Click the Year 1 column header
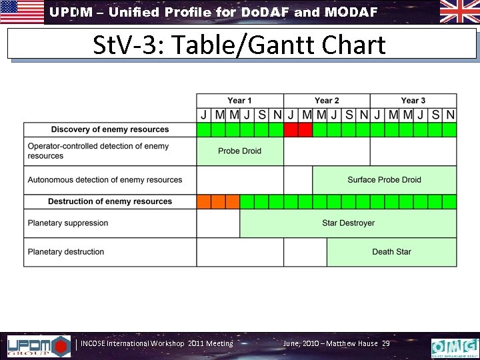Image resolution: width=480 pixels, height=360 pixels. (239, 101)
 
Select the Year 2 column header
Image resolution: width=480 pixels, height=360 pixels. (327, 101)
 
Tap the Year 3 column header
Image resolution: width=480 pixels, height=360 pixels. (413, 101)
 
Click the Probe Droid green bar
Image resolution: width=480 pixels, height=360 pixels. (239, 151)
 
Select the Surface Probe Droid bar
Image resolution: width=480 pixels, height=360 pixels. (384, 180)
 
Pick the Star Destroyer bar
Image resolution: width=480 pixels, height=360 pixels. (348, 223)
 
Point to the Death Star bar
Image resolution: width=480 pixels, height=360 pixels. (391, 252)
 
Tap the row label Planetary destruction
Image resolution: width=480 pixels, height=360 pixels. (66, 252)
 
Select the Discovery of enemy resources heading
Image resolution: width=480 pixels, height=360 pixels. (110, 129)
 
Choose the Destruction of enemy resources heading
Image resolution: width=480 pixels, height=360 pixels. (110, 201)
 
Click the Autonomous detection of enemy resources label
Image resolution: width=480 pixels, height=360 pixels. (105, 180)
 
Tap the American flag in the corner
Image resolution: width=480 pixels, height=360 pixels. (21, 12)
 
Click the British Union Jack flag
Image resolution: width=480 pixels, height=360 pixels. (459, 11)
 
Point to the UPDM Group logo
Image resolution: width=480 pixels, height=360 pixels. (38, 346)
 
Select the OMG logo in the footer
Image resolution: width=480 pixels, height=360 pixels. (455, 347)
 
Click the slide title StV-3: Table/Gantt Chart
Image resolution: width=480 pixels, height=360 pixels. (239, 45)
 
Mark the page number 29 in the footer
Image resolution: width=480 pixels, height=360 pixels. (386, 344)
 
